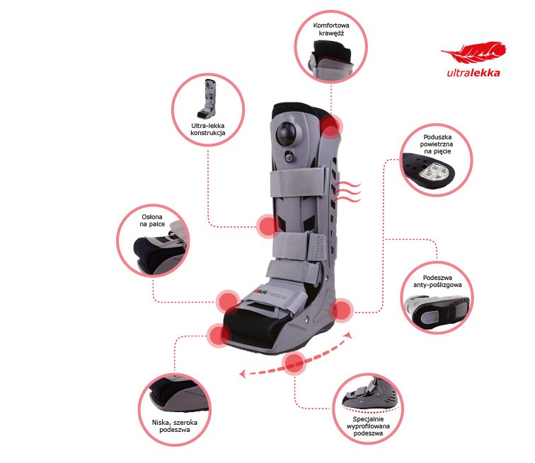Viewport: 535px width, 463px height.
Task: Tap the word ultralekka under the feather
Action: pyautogui.click(x=473, y=73)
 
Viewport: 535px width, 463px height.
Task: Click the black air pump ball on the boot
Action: pyautogui.click(x=286, y=133)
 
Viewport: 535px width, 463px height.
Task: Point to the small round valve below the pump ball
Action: pyautogui.click(x=289, y=156)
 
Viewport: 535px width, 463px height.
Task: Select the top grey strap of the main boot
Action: pyautogui.click(x=297, y=182)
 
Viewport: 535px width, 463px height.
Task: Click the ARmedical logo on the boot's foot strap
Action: pyautogui.click(x=271, y=294)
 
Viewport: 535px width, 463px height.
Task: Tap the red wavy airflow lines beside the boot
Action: pyautogui.click(x=347, y=192)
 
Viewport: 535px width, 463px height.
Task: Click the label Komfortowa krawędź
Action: pyautogui.click(x=331, y=29)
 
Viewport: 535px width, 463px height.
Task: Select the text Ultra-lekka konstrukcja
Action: pyautogui.click(x=208, y=129)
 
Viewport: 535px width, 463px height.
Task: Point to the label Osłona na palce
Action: pyautogui.click(x=152, y=221)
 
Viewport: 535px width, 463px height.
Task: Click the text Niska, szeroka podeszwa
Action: pyautogui.click(x=175, y=426)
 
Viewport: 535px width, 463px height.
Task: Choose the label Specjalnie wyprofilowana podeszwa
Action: pyautogui.click(x=368, y=426)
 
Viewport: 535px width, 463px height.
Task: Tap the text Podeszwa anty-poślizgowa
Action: pyautogui.click(x=437, y=281)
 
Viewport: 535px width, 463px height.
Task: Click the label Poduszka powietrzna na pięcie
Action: pyautogui.click(x=437, y=144)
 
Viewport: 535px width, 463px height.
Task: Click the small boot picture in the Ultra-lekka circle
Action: pyautogui.click(x=207, y=99)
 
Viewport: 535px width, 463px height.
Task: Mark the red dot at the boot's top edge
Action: pyautogui.click(x=330, y=127)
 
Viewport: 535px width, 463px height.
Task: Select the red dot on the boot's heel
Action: pyautogui.click(x=342, y=310)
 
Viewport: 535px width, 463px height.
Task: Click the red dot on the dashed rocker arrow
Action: pyautogui.click(x=294, y=363)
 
